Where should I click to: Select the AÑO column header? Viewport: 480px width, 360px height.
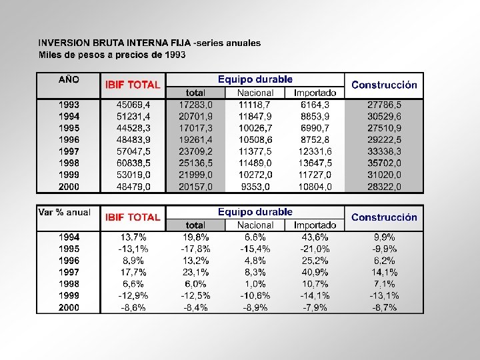click(69, 79)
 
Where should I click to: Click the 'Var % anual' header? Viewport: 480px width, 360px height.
click(64, 212)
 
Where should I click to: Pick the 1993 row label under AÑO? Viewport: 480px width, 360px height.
click(69, 105)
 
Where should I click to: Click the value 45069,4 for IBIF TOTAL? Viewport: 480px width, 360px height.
click(133, 105)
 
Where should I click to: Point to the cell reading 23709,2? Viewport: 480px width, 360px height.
click(196, 151)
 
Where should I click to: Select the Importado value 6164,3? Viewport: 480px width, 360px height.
click(315, 105)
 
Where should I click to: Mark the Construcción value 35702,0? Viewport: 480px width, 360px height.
click(384, 163)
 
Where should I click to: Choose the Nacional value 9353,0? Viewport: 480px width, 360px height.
click(255, 187)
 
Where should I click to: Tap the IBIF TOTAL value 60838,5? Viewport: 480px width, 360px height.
click(133, 163)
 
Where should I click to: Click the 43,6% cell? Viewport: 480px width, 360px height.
click(315, 237)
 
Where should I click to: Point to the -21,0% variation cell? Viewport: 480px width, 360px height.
click(315, 249)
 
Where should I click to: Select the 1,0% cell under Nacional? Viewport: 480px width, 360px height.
click(255, 283)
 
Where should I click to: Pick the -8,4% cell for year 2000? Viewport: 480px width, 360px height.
click(196, 307)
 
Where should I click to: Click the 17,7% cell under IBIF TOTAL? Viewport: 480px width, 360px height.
click(133, 272)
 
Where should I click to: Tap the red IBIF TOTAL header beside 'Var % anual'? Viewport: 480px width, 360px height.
click(133, 217)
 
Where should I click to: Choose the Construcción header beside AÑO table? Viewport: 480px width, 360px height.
click(384, 85)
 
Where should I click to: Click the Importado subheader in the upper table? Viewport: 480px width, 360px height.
click(315, 93)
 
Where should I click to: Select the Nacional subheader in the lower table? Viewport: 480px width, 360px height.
click(255, 225)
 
